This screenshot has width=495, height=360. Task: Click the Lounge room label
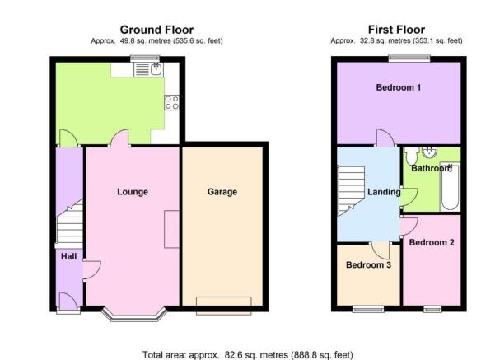[x=133, y=192]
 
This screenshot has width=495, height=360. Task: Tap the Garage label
[x=222, y=192]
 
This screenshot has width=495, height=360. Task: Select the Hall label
[x=69, y=256]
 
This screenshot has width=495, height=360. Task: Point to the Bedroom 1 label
[x=399, y=87]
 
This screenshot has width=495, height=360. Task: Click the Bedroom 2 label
[x=432, y=242]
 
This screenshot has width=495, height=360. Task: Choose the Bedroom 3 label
[x=368, y=264]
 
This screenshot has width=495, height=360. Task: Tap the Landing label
[x=384, y=192]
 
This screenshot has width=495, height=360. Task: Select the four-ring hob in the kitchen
[x=172, y=103]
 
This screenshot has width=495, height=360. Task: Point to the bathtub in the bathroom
[x=450, y=187]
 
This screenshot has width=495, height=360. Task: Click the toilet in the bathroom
[x=412, y=156]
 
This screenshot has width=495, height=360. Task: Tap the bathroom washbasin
[x=429, y=152]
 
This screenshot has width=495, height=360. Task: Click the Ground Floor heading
[x=156, y=30]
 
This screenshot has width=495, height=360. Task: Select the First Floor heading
[x=396, y=30]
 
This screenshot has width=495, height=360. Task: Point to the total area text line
[x=248, y=355]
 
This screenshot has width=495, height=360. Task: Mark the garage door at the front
[x=224, y=306]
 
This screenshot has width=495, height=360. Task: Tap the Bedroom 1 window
[x=409, y=58]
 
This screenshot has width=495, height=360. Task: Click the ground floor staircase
[x=69, y=224]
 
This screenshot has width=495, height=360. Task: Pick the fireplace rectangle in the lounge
[x=172, y=229]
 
